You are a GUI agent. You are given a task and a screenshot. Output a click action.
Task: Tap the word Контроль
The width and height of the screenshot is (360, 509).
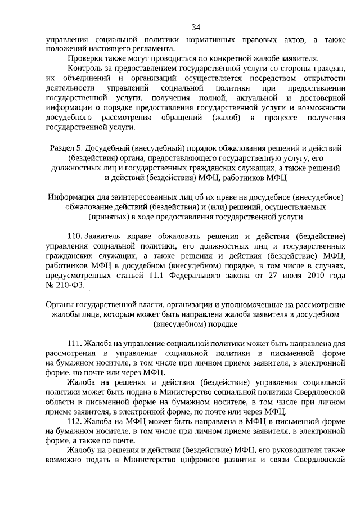click(85, 69)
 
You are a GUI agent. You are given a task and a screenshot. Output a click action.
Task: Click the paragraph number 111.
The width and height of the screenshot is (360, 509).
click(74, 343)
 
